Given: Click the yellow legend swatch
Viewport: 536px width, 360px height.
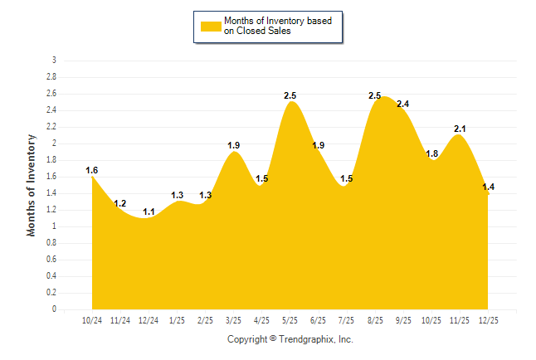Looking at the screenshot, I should point(210,26).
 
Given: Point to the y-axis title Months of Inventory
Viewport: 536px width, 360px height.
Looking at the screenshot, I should point(32,184).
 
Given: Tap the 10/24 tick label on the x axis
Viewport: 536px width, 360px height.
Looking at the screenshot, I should point(92,319).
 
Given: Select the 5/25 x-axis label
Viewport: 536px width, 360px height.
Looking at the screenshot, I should point(290,319).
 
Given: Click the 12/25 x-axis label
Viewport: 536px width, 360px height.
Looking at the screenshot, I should point(488,319).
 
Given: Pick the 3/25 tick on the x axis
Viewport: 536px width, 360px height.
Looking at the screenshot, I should point(234,319).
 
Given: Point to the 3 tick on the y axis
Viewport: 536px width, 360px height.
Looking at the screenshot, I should point(54,61).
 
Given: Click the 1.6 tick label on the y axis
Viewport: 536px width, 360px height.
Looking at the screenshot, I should point(51,177).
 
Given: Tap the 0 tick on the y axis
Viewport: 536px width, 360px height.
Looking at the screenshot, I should point(54,309).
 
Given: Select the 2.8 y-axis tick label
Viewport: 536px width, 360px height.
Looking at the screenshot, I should point(51,77).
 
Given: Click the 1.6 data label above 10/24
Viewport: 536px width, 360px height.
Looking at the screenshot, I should point(92,170).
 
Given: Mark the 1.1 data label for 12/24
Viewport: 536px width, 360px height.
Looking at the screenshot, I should point(149,212).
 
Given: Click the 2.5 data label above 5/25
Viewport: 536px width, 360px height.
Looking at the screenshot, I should point(290,96).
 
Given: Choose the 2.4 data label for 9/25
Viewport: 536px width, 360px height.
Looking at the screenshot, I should point(403,104).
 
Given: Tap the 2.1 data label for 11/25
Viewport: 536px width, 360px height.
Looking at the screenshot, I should point(460,129).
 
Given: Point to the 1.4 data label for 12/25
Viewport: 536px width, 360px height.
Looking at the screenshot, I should point(488,187).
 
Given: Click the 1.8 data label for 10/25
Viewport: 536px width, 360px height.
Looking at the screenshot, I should point(431,153).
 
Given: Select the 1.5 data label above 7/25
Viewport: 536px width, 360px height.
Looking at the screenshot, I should point(347,178).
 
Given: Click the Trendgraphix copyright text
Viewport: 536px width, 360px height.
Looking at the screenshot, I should point(290,339).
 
